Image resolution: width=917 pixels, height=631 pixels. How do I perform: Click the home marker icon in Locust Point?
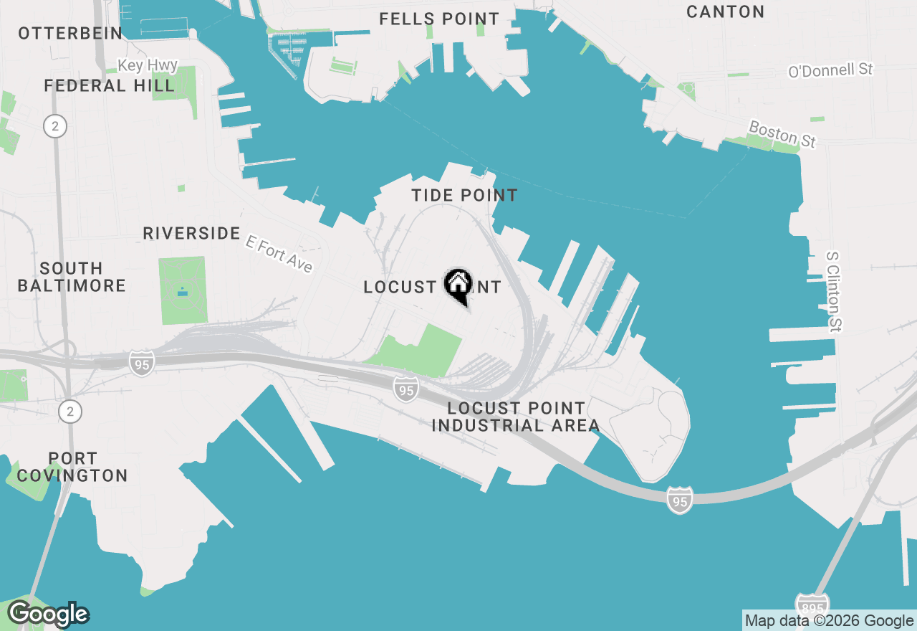(458, 285)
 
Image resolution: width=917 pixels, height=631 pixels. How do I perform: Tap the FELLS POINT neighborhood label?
(439, 19)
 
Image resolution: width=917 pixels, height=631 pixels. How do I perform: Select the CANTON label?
(725, 11)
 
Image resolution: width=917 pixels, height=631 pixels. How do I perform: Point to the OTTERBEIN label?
(70, 33)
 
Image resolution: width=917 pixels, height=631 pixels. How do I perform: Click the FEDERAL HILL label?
(109, 86)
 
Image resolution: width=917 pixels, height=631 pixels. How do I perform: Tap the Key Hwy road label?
(148, 65)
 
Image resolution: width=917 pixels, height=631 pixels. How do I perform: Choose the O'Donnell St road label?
(830, 70)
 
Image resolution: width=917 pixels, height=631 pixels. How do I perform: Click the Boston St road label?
(782, 134)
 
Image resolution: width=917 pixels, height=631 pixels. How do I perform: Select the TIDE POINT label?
(464, 195)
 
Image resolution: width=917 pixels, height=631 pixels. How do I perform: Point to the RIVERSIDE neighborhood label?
(191, 233)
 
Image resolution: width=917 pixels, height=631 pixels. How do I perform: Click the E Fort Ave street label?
(279, 254)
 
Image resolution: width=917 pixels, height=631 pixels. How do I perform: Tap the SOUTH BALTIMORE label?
(71, 277)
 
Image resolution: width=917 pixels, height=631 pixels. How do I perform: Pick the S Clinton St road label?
(834, 291)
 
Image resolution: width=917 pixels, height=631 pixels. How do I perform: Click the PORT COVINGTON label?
(72, 467)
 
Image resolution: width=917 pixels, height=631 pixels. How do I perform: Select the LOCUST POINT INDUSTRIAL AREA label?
(516, 417)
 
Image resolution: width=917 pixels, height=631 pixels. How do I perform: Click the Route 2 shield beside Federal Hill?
(54, 127)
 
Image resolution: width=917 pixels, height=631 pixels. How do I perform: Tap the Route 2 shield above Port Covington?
(70, 411)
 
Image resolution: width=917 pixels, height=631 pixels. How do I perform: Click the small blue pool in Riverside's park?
(182, 292)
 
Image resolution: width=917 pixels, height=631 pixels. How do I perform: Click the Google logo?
(48, 615)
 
